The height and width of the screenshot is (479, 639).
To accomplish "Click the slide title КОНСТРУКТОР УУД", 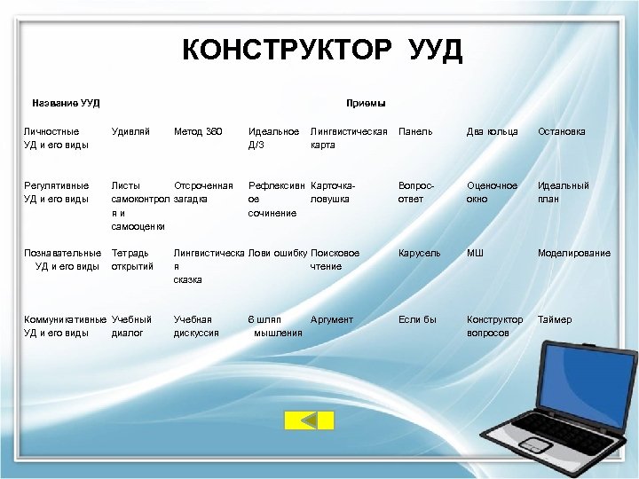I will (322, 50).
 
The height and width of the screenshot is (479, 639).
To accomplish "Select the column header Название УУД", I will (66, 103).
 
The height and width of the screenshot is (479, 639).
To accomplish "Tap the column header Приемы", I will (366, 103).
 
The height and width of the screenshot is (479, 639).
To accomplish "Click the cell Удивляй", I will (130, 131).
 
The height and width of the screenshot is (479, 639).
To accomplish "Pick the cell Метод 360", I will (198, 131).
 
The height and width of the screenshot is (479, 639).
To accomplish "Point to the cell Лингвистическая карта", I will (350, 137).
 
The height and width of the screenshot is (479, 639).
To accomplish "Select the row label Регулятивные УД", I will (56, 192).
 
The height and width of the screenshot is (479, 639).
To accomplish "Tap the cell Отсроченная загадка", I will (203, 192).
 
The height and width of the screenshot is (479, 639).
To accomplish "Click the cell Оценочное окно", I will (492, 192).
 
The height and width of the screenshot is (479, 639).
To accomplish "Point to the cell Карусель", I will (419, 253).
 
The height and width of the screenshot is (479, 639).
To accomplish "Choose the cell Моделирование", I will (573, 253).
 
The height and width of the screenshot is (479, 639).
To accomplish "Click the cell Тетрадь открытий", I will (131, 259).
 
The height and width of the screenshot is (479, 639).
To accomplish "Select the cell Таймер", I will (555, 319).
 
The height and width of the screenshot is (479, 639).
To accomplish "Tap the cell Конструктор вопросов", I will (494, 326).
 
